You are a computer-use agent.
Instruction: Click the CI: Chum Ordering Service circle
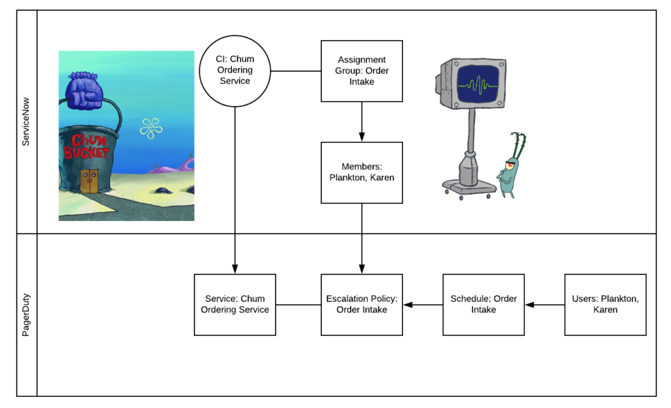[x=235, y=70]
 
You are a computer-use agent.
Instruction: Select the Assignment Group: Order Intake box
[x=362, y=71]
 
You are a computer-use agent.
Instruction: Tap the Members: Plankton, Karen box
[x=362, y=173]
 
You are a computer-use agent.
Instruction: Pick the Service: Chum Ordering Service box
[x=235, y=304]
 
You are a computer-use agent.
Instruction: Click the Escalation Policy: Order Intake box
[x=362, y=304]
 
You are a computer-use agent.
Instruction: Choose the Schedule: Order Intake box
[x=484, y=304]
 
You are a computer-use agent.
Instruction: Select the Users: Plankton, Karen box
[x=605, y=304]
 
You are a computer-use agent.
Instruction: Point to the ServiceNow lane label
[x=27, y=122]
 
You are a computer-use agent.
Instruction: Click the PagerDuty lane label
[x=27, y=315]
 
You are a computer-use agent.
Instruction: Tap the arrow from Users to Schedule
[x=545, y=304]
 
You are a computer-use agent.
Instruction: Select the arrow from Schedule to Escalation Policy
[x=423, y=304]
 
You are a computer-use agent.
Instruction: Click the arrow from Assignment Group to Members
[x=362, y=121]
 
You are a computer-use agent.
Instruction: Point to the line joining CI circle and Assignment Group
[x=296, y=70]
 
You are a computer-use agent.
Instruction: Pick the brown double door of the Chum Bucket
[x=89, y=180]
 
